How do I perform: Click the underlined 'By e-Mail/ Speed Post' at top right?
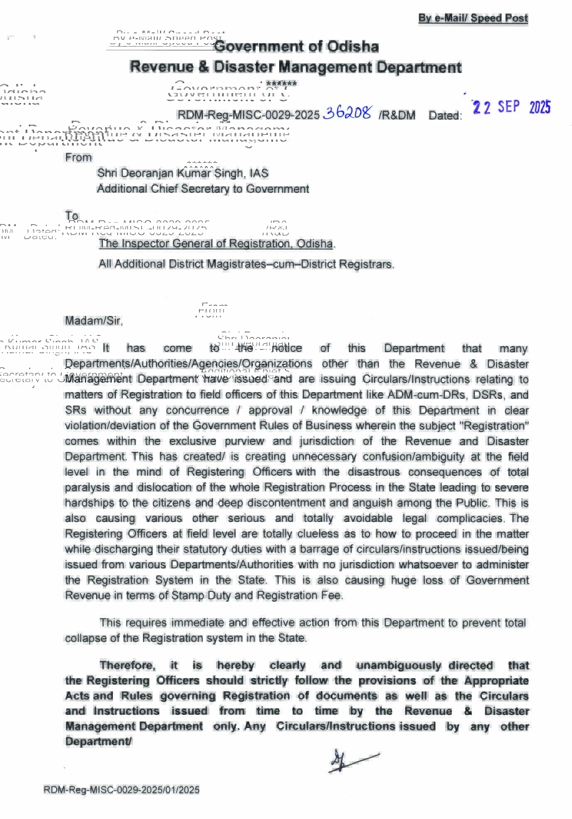click(x=473, y=18)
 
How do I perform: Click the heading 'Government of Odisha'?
click(x=296, y=46)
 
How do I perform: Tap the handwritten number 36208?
click(x=347, y=112)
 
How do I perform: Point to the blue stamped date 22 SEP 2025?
click(x=511, y=107)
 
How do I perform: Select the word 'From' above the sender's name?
click(x=79, y=157)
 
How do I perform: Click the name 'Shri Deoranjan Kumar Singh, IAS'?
click(x=183, y=173)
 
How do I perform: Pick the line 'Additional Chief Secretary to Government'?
click(x=203, y=189)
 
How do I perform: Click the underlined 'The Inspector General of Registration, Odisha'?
click(x=216, y=243)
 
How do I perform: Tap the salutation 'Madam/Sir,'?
click(x=94, y=321)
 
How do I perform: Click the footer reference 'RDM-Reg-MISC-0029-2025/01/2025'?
click(x=122, y=790)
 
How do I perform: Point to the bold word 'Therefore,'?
click(x=128, y=665)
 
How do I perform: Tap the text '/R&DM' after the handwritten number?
click(x=397, y=116)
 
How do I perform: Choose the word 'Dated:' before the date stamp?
click(x=445, y=116)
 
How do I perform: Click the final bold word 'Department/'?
click(x=98, y=742)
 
